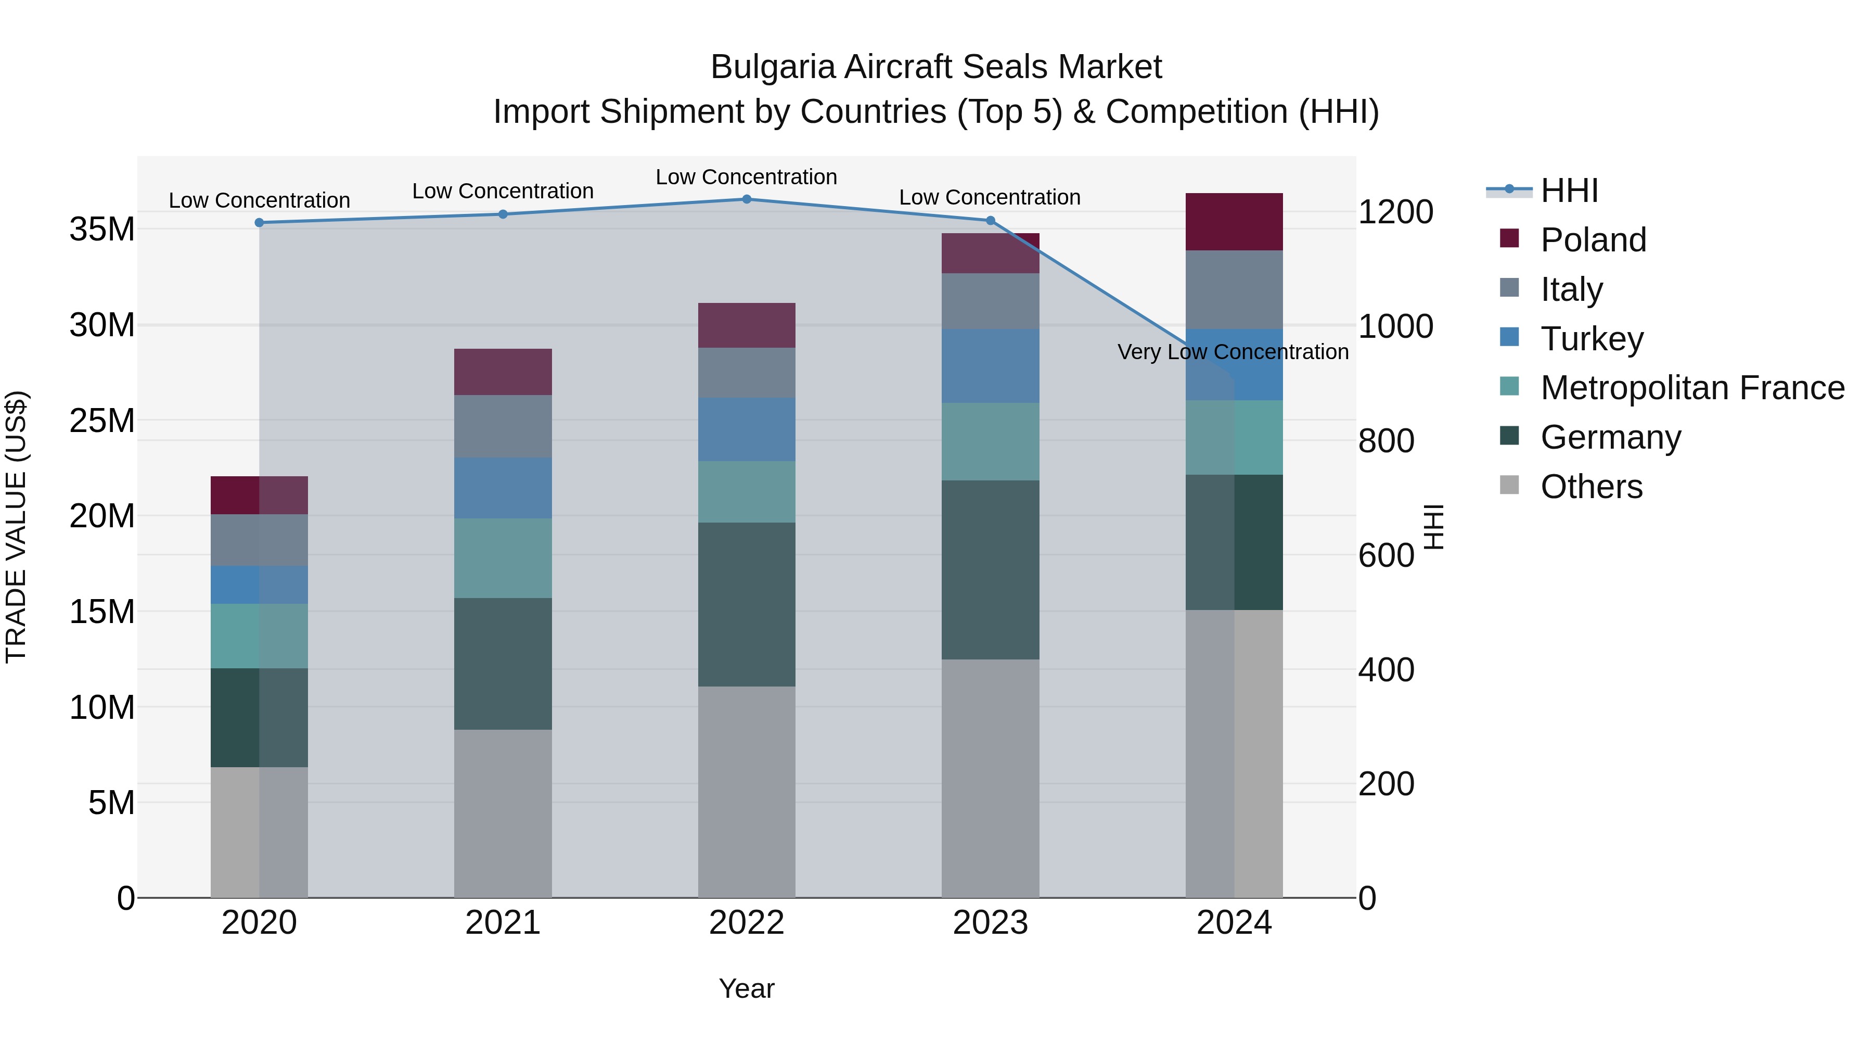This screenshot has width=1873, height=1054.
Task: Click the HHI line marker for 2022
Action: tap(746, 199)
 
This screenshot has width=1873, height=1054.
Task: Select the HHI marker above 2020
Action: tap(259, 223)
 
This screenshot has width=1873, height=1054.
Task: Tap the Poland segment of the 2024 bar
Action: tap(1234, 222)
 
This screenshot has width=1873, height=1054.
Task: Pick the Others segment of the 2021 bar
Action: tap(503, 812)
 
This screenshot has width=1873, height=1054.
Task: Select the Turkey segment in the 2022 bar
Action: tap(746, 429)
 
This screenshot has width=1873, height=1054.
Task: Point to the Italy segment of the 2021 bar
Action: tap(503, 426)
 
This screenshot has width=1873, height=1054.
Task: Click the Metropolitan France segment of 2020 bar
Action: tap(259, 636)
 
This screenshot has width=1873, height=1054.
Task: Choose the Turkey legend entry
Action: tap(1592, 339)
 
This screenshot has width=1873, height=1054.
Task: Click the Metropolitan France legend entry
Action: tap(1692, 388)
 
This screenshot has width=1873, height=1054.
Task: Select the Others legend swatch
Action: tap(1509, 485)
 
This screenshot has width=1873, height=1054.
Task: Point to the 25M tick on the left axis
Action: tap(102, 421)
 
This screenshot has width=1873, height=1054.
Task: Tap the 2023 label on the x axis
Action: tap(990, 923)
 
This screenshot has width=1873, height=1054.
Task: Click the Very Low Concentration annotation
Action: tap(1233, 352)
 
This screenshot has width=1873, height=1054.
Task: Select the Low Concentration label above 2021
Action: tap(503, 192)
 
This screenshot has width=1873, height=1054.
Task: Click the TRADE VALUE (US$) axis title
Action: tap(16, 527)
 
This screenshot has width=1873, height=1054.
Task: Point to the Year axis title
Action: tap(746, 988)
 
